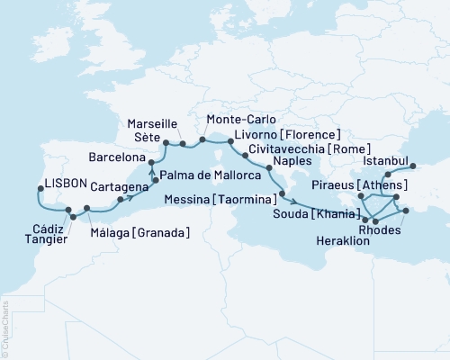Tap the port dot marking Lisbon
click(40, 189)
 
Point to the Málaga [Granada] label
click(142, 233)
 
